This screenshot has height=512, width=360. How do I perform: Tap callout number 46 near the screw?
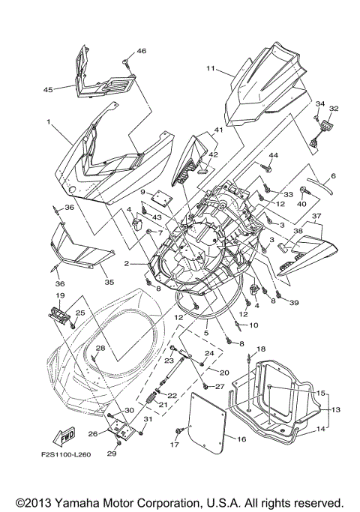(x=142, y=51)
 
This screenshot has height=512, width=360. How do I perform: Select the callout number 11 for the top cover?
(x=211, y=69)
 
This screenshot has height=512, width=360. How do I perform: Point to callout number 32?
(x=333, y=109)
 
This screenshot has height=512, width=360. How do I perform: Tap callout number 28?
(x=100, y=348)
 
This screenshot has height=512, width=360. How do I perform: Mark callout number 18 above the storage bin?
(x=261, y=350)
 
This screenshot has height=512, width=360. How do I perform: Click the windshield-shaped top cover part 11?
(x=270, y=86)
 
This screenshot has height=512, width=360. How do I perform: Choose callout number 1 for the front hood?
(x=48, y=121)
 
